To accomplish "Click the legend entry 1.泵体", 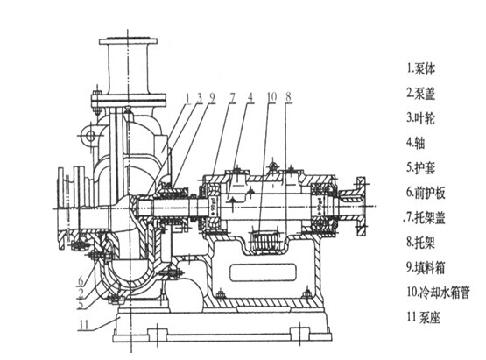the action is pyautogui.click(x=421, y=69).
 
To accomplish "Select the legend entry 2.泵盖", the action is pyautogui.click(x=421, y=94).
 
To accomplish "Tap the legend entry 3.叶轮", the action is pyautogui.click(x=421, y=118).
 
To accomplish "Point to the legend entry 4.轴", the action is pyautogui.click(x=416, y=143).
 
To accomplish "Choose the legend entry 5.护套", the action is pyautogui.click(x=421, y=168).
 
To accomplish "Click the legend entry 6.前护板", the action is pyautogui.click(x=426, y=193).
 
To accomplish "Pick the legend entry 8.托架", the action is pyautogui.click(x=421, y=242).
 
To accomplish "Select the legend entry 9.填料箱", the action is pyautogui.click(x=426, y=267).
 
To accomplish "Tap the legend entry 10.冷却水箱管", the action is pyautogui.click(x=438, y=292).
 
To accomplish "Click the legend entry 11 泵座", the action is pyautogui.click(x=424, y=317).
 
